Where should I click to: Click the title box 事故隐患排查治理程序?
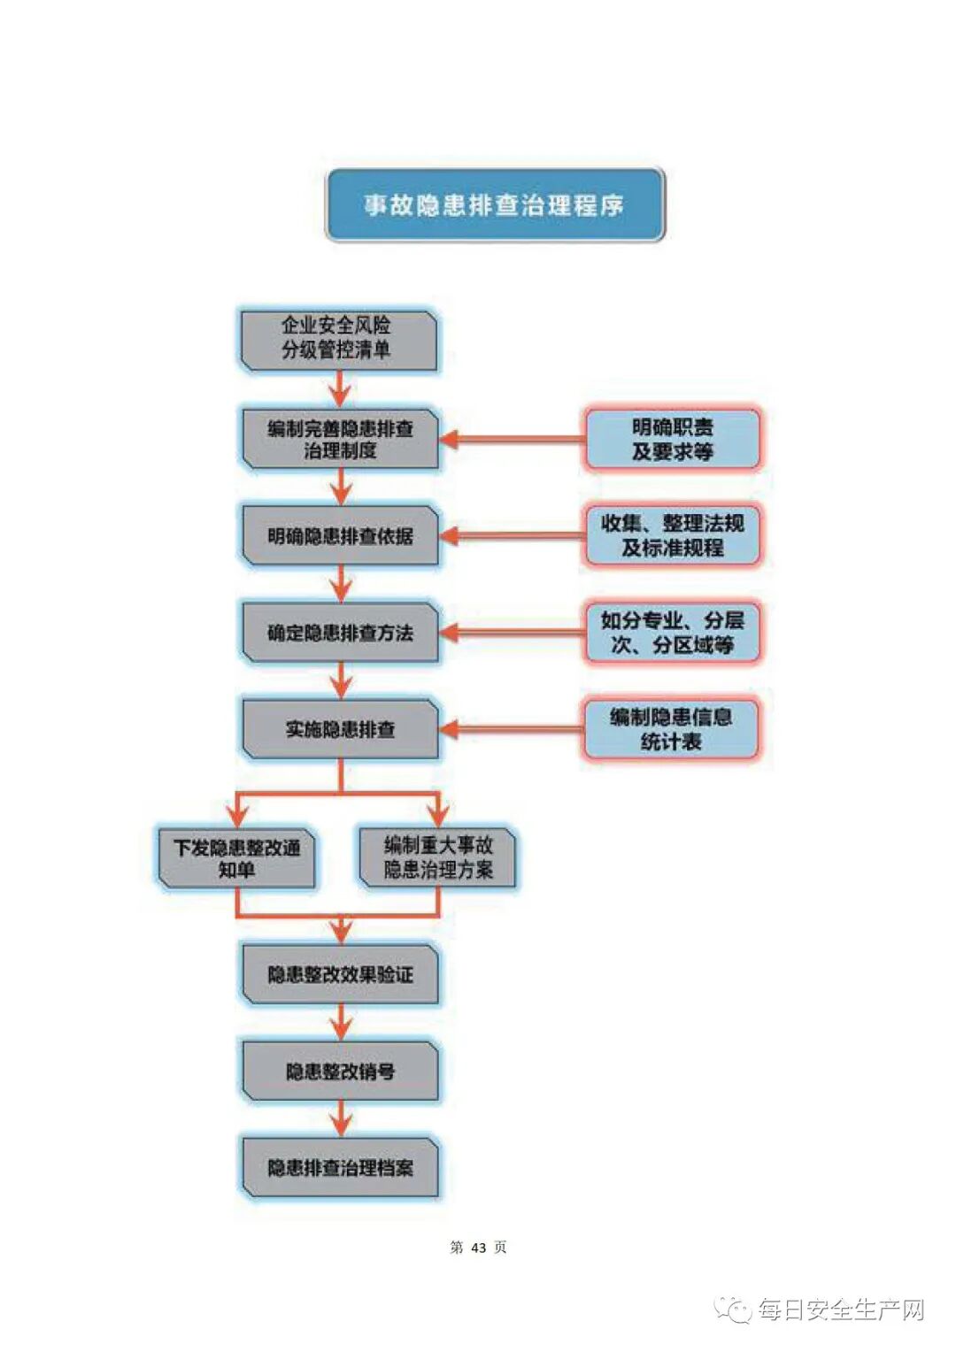tap(495, 205)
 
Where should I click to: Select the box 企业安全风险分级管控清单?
tap(340, 339)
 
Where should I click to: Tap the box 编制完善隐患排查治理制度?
tap(341, 439)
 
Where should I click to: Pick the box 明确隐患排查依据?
tap(341, 535)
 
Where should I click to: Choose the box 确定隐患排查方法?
tap(341, 633)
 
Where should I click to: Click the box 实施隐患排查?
tap(341, 729)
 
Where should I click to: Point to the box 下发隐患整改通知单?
tap(236, 857)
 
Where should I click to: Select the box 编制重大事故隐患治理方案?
tap(438, 857)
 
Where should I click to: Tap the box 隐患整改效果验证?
tap(341, 974)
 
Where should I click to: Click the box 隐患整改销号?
tap(341, 1071)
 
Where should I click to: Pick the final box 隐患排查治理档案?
tap(341, 1168)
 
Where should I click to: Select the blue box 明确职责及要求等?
tap(672, 439)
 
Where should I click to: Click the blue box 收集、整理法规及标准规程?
tap(672, 535)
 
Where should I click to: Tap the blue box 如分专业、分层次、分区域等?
tap(672, 633)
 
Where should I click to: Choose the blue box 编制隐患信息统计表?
tap(671, 729)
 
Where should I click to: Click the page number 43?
tap(479, 1248)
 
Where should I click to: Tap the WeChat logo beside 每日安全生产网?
tap(734, 1310)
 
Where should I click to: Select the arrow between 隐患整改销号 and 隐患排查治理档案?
tap(341, 1118)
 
